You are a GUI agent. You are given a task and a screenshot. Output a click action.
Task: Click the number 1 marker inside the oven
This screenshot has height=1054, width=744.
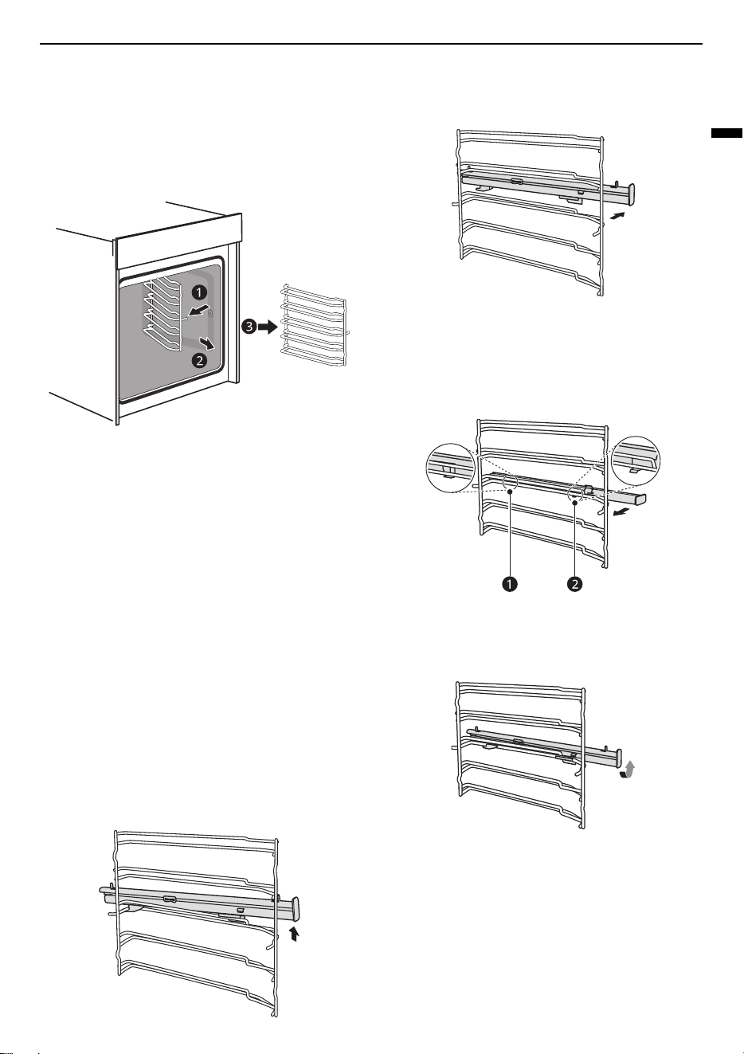click(199, 292)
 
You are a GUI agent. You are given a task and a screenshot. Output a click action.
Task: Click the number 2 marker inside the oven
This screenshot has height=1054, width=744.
click(199, 361)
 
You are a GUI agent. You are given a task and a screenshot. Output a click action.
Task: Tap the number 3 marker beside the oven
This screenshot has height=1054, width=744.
click(249, 327)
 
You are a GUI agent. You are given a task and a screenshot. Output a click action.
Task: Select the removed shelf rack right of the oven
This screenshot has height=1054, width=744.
click(315, 325)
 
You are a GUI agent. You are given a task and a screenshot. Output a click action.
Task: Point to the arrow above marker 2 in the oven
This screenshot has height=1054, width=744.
click(208, 343)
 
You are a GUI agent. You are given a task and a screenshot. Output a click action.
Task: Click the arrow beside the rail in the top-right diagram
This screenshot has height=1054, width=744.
click(617, 215)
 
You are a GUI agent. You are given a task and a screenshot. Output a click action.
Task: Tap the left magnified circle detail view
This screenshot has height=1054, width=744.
click(450, 468)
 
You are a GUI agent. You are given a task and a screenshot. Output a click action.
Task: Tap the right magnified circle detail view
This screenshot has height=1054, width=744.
click(636, 460)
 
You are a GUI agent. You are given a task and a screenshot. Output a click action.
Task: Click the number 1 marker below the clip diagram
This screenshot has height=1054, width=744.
click(510, 584)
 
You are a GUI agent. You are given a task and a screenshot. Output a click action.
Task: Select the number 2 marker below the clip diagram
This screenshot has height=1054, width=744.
click(574, 584)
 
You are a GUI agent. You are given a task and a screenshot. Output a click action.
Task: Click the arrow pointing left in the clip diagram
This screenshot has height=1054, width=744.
click(621, 511)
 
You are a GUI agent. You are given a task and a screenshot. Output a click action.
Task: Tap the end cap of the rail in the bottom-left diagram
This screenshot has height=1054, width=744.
click(296, 909)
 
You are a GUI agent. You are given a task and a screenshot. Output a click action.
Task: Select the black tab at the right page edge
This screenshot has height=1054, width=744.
click(726, 133)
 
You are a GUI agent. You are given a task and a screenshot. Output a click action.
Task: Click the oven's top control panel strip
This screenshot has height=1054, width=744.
click(178, 241)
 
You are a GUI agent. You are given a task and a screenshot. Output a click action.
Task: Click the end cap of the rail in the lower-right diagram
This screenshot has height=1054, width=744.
click(618, 758)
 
